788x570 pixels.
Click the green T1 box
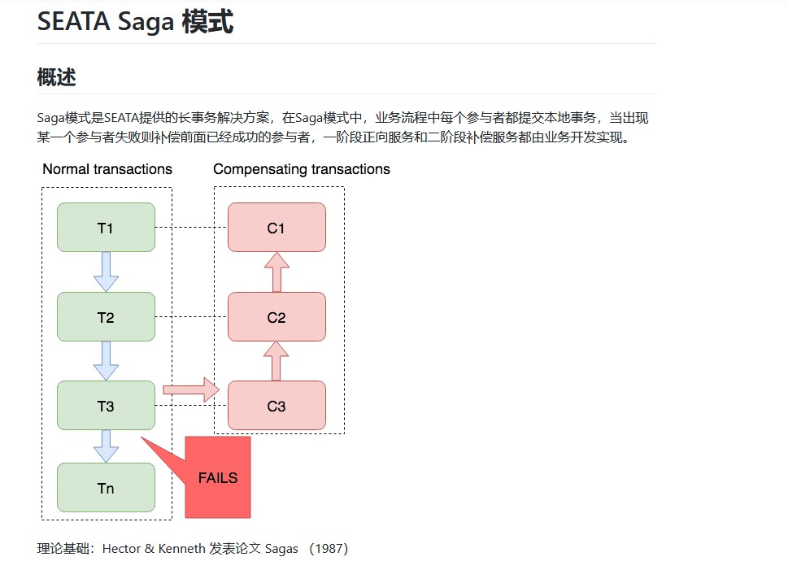[106, 228]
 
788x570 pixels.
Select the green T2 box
[106, 317]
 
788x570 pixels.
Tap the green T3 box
[106, 406]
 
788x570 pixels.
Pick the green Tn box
[106, 488]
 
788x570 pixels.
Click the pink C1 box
[276, 228]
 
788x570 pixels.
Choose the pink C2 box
[276, 317]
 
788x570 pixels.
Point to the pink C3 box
[276, 406]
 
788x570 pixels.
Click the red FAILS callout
[217, 477]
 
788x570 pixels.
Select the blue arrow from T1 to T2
[106, 272]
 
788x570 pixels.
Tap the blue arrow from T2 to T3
[106, 360]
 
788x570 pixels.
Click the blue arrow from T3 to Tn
[106, 446]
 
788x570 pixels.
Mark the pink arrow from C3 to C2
[276, 360]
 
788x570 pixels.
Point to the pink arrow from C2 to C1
[276, 272]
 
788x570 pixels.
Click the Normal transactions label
[107, 169]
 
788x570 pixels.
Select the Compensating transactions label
[301, 169]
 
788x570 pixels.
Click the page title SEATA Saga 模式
[135, 22]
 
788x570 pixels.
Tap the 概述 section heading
[56, 77]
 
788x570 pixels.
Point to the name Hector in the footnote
[121, 549]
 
